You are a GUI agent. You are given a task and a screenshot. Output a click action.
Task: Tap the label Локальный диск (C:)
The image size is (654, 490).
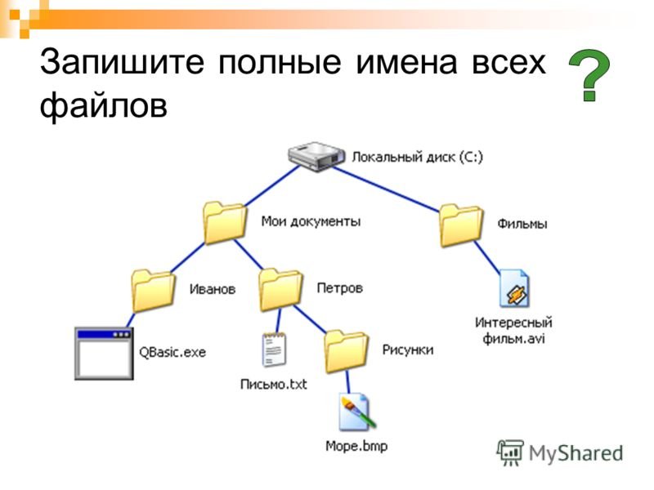pos(417,157)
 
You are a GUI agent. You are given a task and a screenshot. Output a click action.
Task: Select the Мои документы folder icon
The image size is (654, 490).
pos(224,222)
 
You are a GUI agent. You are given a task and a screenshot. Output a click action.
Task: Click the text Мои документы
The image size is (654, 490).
pos(311,220)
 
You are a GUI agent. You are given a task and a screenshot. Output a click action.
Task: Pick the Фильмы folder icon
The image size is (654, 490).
pos(461,223)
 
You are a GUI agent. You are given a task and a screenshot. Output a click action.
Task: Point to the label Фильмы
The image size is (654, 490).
pos(522,223)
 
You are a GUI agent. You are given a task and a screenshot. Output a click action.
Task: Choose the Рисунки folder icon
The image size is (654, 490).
pos(347,350)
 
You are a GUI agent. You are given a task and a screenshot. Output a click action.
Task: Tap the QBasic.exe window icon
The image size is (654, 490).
pos(103,353)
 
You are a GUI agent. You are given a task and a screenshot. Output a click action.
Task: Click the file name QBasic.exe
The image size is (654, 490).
pos(172,353)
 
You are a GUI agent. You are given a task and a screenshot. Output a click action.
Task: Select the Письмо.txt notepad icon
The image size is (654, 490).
pos(274,350)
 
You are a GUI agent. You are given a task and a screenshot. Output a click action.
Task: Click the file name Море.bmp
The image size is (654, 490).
pos(356,446)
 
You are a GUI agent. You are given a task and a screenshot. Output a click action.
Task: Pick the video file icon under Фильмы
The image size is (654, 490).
pos(515,288)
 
